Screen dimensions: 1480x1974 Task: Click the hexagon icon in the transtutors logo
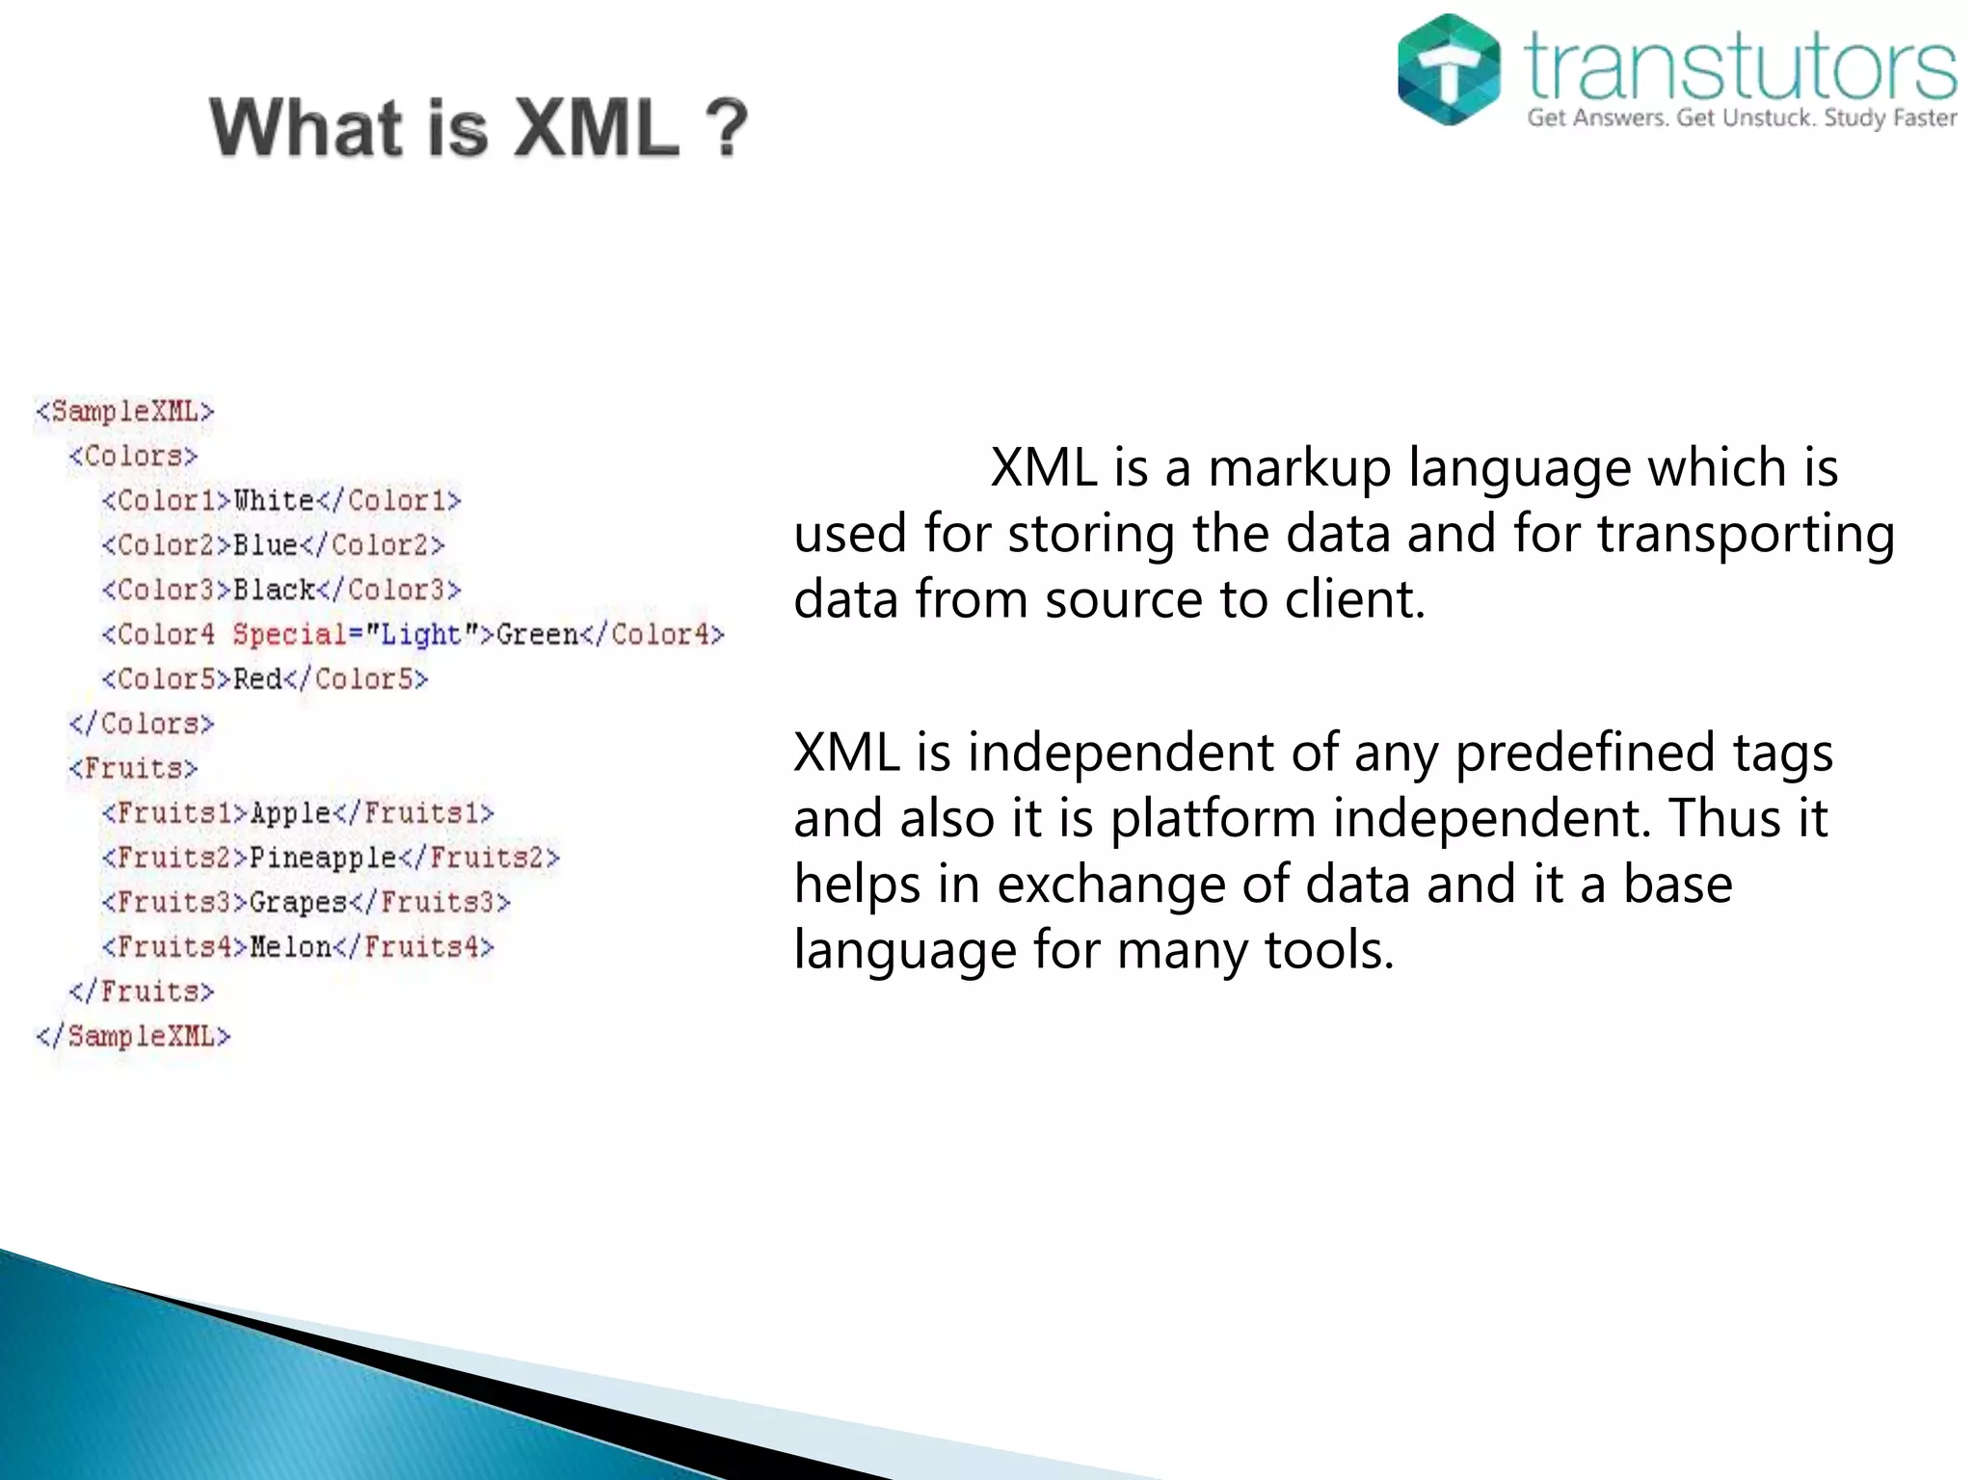(x=1448, y=69)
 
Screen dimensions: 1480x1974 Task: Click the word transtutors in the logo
(x=1741, y=66)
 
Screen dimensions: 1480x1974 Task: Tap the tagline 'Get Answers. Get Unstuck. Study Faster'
(x=1741, y=119)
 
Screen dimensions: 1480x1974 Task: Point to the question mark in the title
(x=726, y=128)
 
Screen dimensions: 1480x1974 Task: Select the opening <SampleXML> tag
(x=124, y=411)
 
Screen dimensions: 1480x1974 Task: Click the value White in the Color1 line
(x=274, y=501)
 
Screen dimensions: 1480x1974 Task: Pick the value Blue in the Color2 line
(x=265, y=545)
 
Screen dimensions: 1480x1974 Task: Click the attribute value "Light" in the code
(x=421, y=635)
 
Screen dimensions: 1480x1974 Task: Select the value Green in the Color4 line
(x=536, y=635)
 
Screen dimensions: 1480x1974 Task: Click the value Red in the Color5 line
(x=257, y=679)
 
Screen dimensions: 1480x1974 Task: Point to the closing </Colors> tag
(x=141, y=724)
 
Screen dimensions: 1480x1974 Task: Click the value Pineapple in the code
(x=323, y=858)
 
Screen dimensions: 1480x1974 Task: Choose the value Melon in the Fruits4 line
(x=290, y=947)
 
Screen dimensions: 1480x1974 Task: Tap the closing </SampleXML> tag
(x=133, y=1037)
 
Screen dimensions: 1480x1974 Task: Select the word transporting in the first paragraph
(x=1746, y=535)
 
